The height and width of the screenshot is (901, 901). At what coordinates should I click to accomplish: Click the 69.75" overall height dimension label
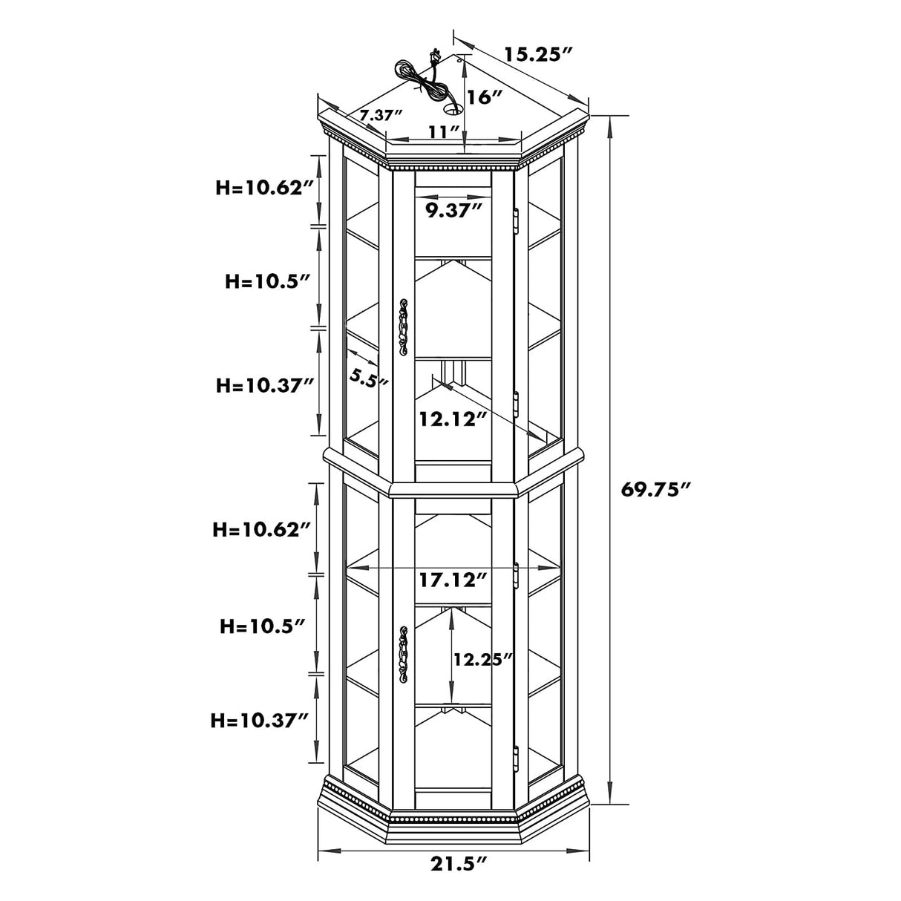tap(655, 490)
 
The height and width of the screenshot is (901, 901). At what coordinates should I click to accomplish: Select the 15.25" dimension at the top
tap(538, 55)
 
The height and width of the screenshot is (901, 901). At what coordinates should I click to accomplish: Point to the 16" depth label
tap(485, 97)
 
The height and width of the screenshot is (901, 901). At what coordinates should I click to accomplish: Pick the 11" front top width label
tap(444, 132)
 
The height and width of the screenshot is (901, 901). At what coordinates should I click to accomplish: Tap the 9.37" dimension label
tap(453, 211)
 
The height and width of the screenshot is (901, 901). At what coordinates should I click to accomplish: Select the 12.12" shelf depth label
tap(453, 419)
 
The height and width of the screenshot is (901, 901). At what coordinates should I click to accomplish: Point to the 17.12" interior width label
tap(453, 580)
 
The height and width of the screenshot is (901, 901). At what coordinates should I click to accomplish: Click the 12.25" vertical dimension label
tap(483, 659)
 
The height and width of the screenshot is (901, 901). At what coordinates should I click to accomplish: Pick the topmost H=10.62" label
tap(263, 188)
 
